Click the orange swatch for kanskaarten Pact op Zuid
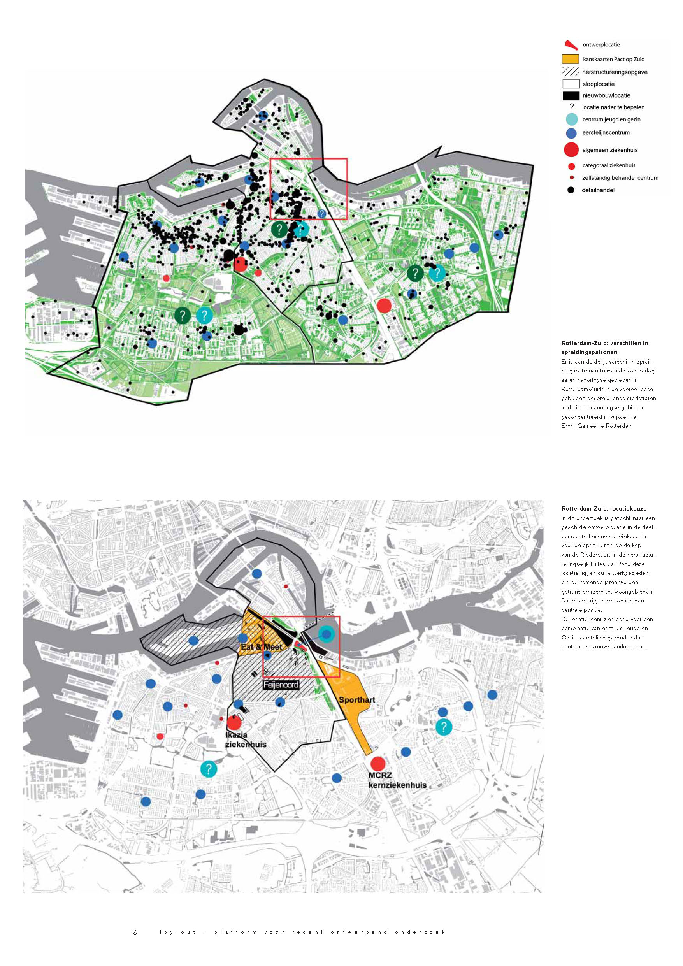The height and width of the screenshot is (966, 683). [570, 59]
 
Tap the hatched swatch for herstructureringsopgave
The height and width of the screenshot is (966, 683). [570, 72]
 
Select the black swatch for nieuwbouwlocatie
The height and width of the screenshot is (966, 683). [571, 95]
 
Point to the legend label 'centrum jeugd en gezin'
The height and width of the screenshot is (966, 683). [611, 119]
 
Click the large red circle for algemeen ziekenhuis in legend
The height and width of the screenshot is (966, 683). [571, 150]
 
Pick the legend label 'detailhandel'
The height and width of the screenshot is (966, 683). [598, 190]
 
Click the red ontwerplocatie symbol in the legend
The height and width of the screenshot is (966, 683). [571, 45]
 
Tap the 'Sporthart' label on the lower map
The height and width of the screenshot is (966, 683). [357, 700]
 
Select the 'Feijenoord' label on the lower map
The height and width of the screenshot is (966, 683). [281, 685]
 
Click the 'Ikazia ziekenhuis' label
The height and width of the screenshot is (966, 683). [245, 739]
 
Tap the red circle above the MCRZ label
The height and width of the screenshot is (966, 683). [378, 764]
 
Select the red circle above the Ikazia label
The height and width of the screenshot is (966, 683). [234, 723]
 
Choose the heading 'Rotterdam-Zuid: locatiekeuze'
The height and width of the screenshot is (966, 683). [604, 509]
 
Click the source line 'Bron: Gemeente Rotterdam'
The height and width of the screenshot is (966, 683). [596, 426]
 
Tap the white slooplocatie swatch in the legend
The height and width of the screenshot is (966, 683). [571, 84]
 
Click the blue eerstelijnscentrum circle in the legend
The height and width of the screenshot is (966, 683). [571, 133]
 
